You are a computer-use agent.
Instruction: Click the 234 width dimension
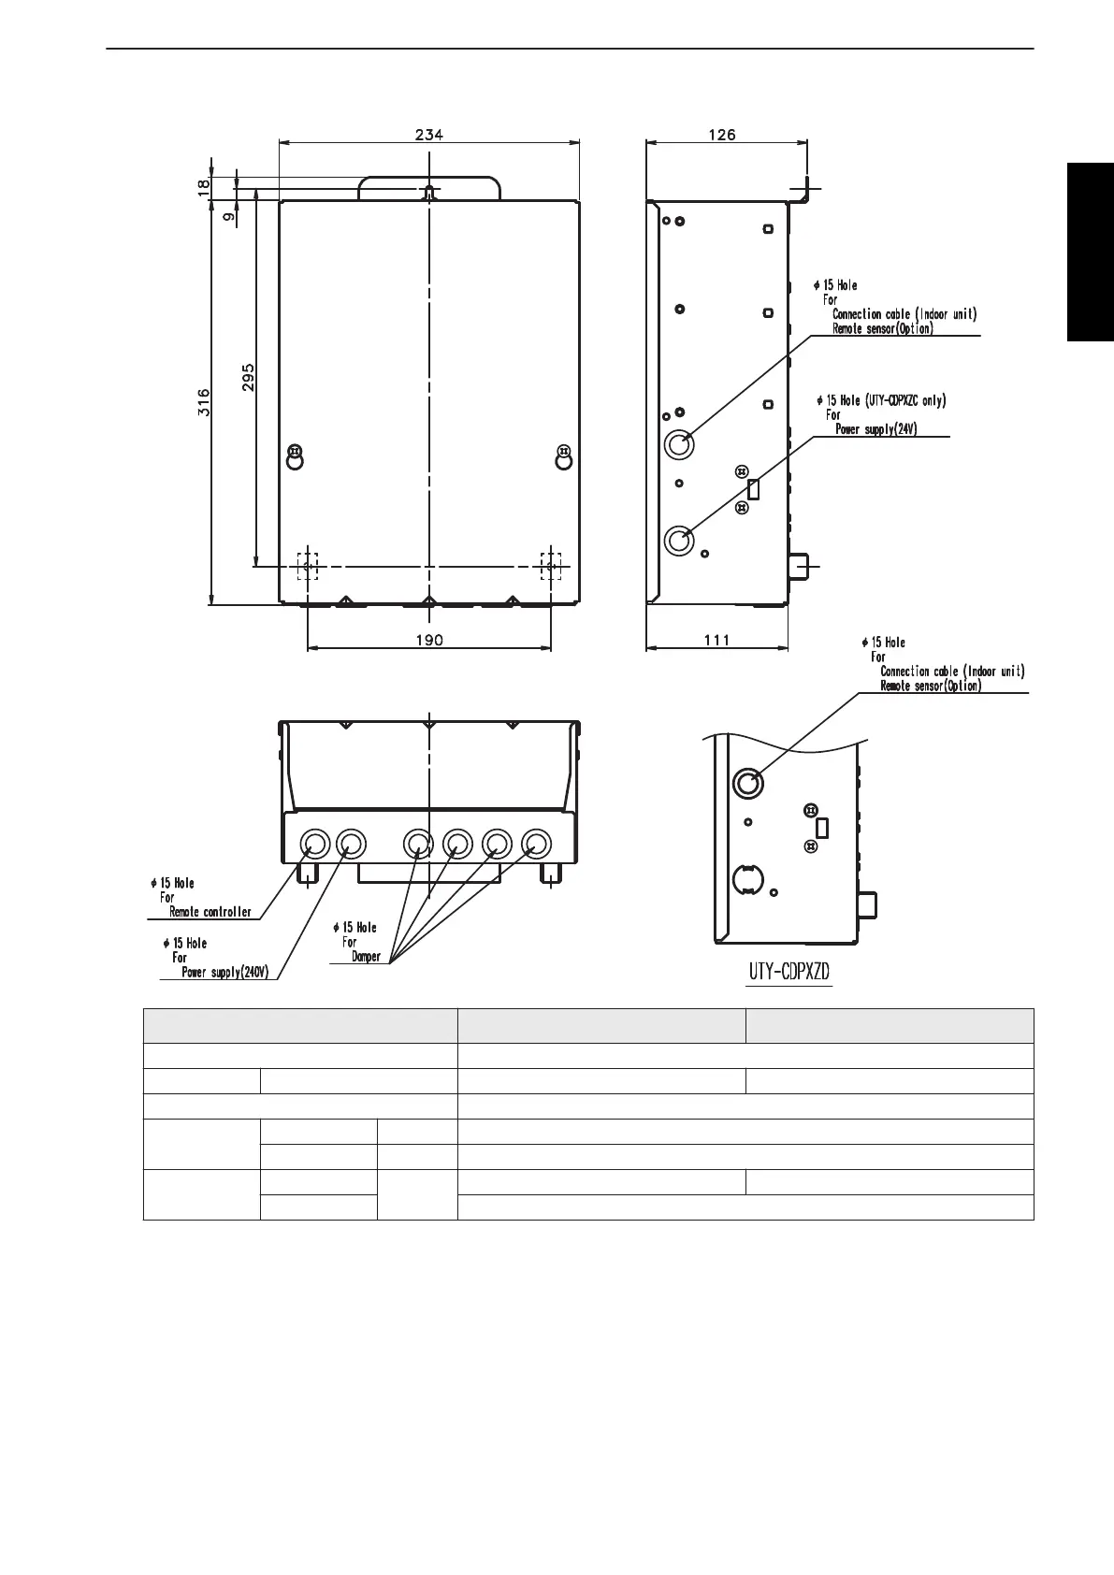429,135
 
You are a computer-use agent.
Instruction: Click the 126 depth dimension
721,135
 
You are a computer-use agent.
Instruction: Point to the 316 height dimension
204,402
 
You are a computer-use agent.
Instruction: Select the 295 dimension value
248,378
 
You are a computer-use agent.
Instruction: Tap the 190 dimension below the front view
429,641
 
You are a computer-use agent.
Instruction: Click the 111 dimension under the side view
716,641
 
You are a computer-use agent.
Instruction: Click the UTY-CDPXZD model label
788,973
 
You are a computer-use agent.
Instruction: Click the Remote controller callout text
210,912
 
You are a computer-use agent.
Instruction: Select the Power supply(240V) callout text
224,972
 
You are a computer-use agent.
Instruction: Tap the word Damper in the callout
366,957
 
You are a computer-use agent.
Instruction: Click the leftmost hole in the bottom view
313,845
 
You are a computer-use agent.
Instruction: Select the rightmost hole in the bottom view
535,845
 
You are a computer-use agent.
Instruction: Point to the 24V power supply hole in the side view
678,540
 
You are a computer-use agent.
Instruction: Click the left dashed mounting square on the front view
307,566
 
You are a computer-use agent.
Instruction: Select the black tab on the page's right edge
1092,253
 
